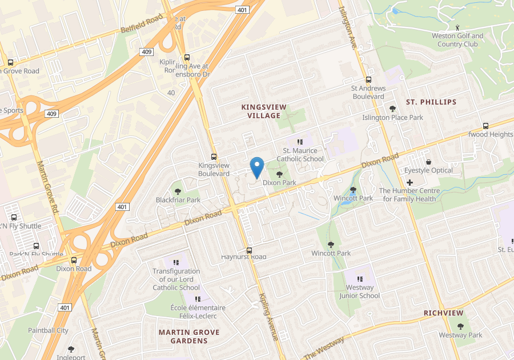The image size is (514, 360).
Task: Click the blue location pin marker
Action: [x=257, y=167]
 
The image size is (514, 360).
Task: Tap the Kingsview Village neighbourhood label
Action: [x=264, y=111]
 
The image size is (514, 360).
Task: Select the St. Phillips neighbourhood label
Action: [x=431, y=102]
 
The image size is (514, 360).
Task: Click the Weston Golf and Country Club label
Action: [x=460, y=39]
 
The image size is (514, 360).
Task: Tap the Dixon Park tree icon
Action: [x=279, y=174]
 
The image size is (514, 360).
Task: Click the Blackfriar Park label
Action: [x=178, y=200]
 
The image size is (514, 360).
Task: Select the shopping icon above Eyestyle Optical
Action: [x=428, y=162]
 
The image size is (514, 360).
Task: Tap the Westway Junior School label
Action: [x=359, y=291]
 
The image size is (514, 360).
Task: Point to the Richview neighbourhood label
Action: [x=444, y=313]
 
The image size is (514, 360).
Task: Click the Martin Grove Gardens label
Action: [x=189, y=336]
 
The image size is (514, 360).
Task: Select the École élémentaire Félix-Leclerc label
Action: [x=198, y=311]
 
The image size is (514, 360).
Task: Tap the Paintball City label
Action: [x=48, y=330]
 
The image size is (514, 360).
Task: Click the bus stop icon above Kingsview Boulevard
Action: [x=214, y=157]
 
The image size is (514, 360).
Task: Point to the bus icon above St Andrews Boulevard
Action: [x=368, y=80]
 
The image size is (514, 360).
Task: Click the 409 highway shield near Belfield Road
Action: [x=146, y=52]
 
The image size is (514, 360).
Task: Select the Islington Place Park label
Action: [x=392, y=117]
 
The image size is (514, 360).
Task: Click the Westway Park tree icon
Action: [x=460, y=326]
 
